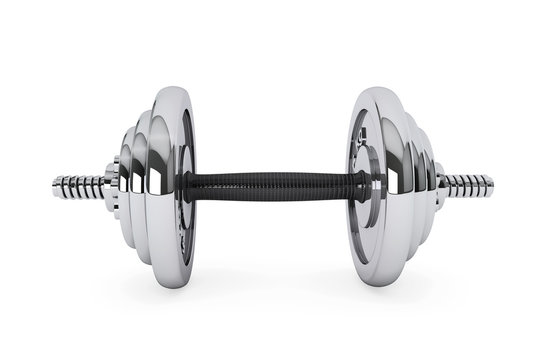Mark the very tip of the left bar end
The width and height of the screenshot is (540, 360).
(x=54, y=187)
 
